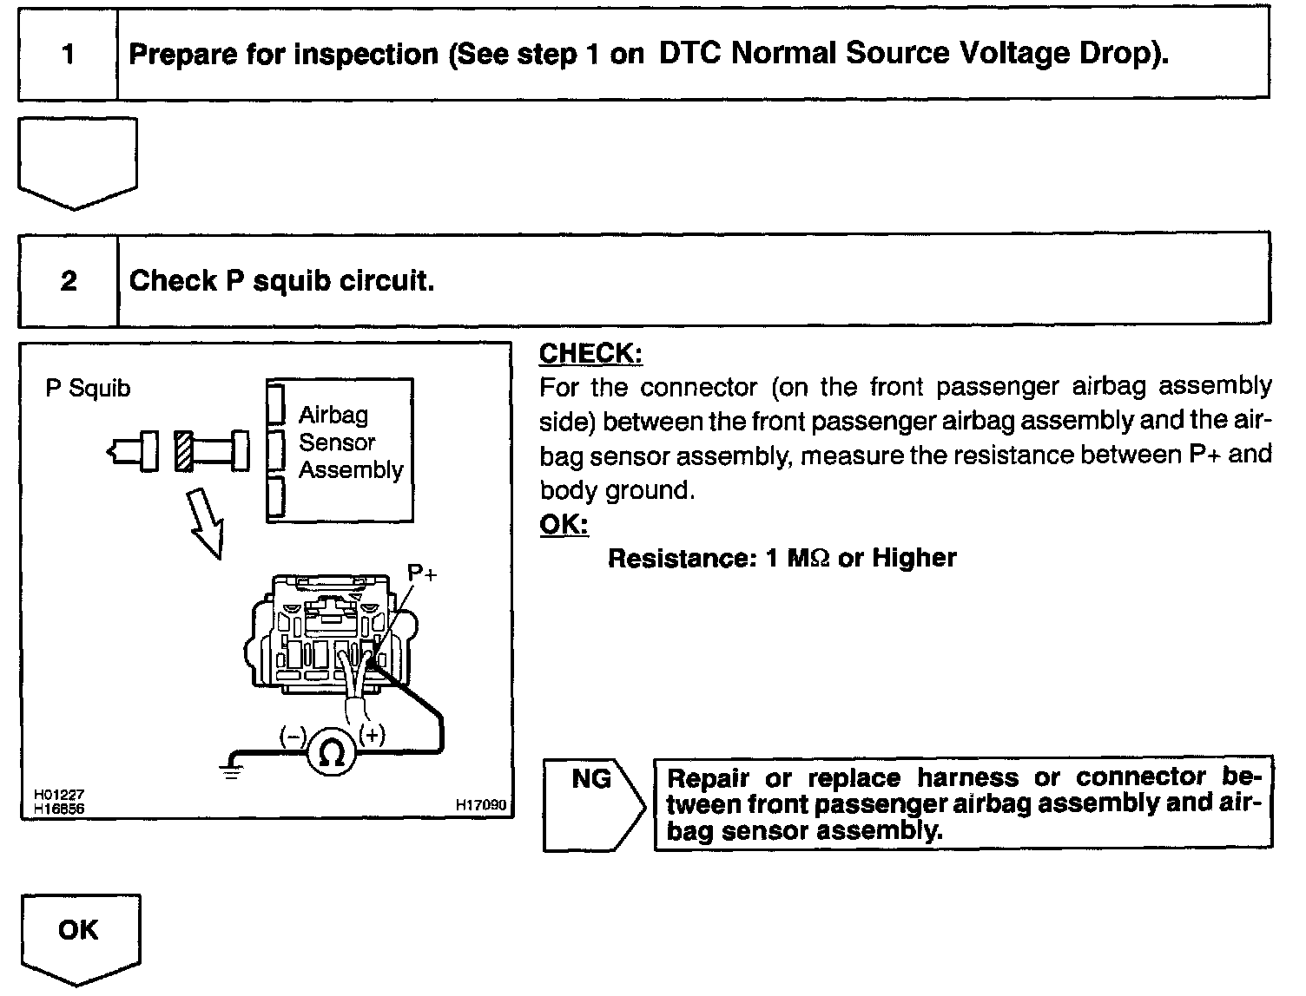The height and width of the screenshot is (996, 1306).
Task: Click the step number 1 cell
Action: click(68, 55)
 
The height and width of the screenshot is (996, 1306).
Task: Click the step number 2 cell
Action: click(68, 280)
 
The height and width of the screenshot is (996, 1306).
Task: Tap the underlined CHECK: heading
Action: click(590, 353)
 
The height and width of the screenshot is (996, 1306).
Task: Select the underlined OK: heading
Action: click(564, 525)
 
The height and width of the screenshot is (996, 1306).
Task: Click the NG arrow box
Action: click(593, 803)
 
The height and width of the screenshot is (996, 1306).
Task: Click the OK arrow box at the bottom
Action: click(79, 936)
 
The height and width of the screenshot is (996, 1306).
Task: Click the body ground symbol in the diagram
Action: click(231, 770)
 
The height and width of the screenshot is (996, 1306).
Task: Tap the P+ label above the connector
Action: click(422, 573)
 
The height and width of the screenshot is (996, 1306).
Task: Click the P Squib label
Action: click(88, 388)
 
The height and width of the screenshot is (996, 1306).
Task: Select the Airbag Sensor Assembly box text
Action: click(349, 442)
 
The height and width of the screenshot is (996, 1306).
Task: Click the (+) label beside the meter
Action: click(373, 735)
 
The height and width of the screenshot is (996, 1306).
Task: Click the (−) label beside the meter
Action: click(293, 737)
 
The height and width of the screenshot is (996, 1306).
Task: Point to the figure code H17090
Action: click(480, 805)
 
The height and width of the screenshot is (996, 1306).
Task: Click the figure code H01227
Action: click(59, 795)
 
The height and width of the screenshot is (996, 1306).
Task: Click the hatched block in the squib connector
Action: click(183, 451)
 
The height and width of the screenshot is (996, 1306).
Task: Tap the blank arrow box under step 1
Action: click(77, 161)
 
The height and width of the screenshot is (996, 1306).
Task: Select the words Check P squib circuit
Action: click(281, 280)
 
